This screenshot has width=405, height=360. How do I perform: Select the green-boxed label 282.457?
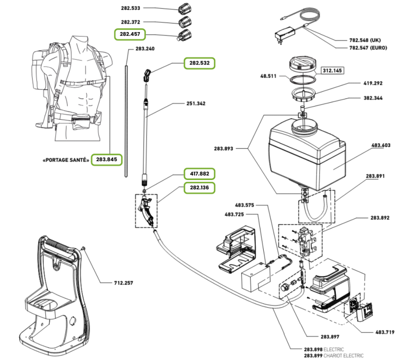130,34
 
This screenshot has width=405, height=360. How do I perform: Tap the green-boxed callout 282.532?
199,63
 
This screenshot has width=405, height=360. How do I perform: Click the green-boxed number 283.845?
106,160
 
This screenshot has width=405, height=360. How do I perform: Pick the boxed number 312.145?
333,71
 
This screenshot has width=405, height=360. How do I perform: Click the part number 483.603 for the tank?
381,146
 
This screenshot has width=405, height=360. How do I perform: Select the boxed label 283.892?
381,218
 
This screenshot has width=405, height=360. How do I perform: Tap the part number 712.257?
123,283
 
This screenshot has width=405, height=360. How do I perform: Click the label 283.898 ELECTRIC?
325,350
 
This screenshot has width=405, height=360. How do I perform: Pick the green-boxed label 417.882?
199,173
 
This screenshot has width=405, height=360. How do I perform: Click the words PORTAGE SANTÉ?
66,160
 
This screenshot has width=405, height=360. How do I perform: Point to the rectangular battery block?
255,280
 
